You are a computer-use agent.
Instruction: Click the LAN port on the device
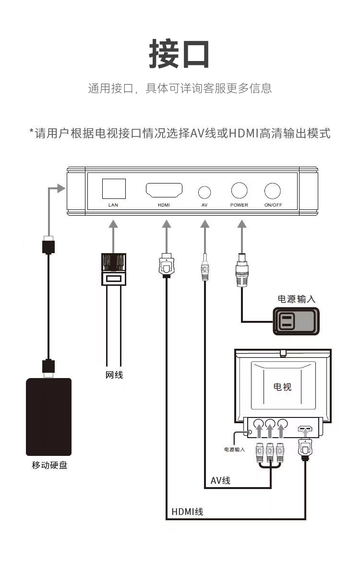(x=114, y=189)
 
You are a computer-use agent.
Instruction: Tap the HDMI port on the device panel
(x=164, y=190)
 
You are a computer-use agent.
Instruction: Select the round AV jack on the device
(x=204, y=192)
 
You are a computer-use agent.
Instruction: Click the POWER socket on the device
(x=239, y=191)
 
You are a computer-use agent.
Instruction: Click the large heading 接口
(x=180, y=55)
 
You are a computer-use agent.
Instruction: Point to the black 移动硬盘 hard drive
(x=48, y=416)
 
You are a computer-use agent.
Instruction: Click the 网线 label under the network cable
(x=114, y=375)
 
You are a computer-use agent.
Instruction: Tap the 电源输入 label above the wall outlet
(x=297, y=299)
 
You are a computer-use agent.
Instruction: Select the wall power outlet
(x=295, y=320)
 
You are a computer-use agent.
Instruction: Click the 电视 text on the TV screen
(x=282, y=386)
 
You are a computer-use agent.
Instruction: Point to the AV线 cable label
(x=220, y=480)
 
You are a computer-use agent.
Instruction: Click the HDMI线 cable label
(x=187, y=512)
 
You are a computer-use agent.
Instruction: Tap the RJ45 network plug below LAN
(x=114, y=269)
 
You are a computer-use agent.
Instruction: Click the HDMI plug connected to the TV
(x=305, y=450)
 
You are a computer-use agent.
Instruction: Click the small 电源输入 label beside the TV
(x=234, y=450)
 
